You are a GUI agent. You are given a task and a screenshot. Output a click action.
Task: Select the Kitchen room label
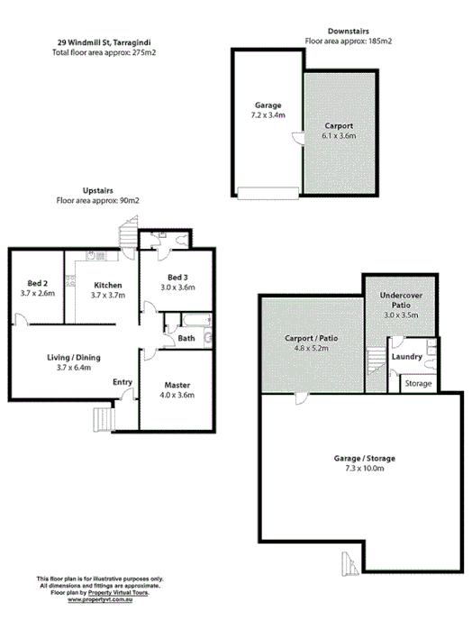pos(107,287)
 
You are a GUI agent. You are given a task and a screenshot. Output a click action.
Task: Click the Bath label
pos(186,339)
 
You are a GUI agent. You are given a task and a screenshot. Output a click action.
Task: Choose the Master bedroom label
pos(177,385)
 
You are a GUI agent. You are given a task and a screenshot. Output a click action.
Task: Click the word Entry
pos(123,382)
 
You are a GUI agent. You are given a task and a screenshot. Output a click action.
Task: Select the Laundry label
pos(408,357)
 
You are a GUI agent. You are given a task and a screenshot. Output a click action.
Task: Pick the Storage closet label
pos(419,384)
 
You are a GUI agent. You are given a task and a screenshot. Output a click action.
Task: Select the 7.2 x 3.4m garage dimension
pos(268,115)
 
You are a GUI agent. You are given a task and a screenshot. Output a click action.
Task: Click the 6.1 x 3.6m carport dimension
pos(339,136)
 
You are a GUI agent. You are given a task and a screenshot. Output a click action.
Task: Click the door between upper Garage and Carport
pos(299,137)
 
